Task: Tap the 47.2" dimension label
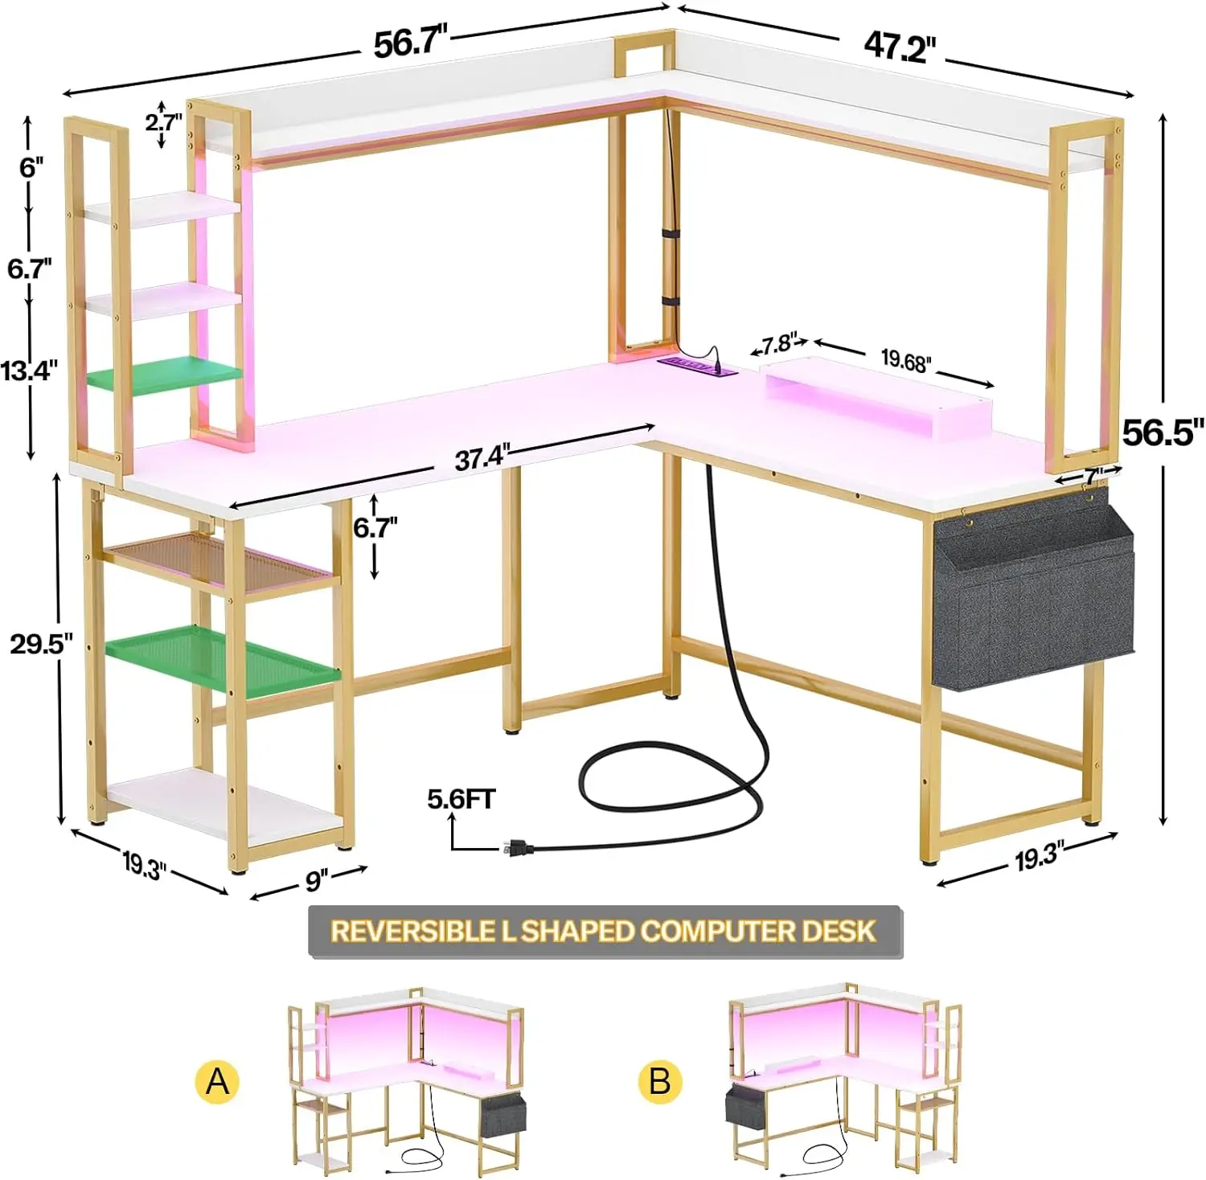[x=900, y=47]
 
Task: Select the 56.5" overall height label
[x=1163, y=432]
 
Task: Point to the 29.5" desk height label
[x=42, y=643]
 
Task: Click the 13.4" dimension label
[x=30, y=371]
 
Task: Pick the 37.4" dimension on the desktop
[x=482, y=458]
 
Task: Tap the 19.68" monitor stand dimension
[x=906, y=361]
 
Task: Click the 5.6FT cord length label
[x=461, y=799]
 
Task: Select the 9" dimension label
[x=316, y=881]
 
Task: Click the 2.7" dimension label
[x=163, y=122]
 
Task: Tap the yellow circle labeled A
[x=217, y=1081]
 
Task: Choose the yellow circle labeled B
[x=659, y=1081]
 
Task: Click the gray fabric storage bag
[x=1033, y=595]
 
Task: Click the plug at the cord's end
[x=515, y=846]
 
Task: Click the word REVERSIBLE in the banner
[x=413, y=932]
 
